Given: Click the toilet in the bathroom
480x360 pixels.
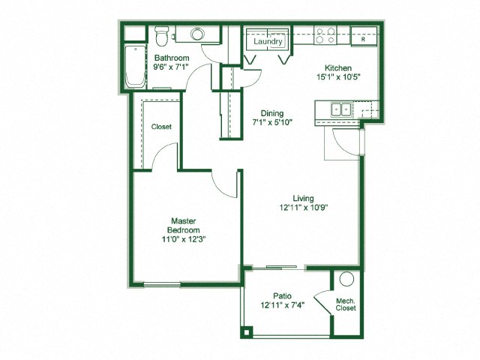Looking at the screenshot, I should (x=160, y=36).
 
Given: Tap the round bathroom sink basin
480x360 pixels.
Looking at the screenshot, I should (x=198, y=34).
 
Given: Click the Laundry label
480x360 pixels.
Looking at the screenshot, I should (x=267, y=42).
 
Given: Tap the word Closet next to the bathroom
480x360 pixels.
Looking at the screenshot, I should (x=161, y=127).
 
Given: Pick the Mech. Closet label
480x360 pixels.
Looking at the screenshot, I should (x=346, y=304).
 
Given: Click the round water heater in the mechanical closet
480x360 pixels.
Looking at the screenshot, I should (x=346, y=279).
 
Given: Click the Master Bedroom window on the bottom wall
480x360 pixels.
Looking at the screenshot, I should (x=168, y=283).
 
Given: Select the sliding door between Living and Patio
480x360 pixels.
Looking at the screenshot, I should (x=285, y=267).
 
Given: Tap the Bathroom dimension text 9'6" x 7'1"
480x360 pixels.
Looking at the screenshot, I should (x=171, y=67).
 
